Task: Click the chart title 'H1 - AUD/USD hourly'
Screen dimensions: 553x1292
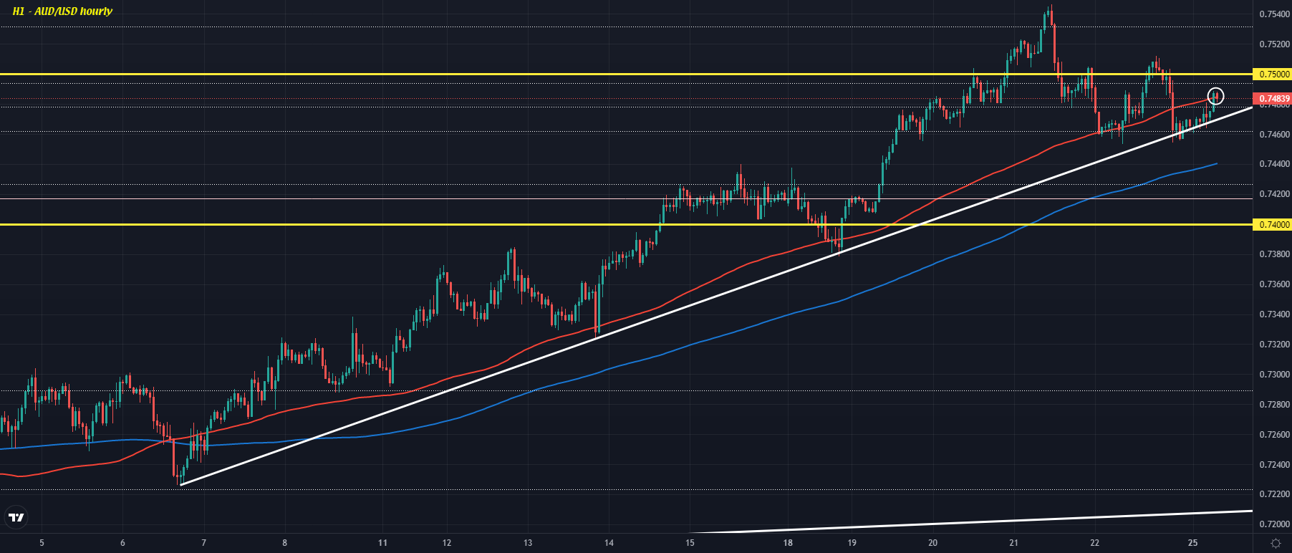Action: [x=62, y=11]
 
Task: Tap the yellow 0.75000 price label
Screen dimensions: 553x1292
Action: [x=1274, y=74]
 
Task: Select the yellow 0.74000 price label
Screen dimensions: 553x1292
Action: [x=1274, y=225]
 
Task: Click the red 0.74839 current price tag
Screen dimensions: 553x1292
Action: [x=1274, y=99]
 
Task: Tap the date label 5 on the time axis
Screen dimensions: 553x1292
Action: [x=42, y=543]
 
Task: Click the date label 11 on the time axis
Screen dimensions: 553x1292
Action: [x=383, y=543]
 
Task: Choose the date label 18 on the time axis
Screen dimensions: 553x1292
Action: [x=788, y=543]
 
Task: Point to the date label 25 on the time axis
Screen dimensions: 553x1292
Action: [x=1192, y=543]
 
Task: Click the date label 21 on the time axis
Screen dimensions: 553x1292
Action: [x=1014, y=543]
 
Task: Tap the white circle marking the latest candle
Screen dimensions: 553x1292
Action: [x=1215, y=96]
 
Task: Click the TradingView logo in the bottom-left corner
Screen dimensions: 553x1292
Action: [x=16, y=517]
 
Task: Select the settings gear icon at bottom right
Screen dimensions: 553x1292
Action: [x=1276, y=544]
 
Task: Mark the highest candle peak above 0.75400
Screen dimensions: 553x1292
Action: [x=1051, y=6]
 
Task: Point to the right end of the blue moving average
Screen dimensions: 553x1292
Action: [x=1216, y=164]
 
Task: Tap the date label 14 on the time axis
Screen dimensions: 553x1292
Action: [x=609, y=543]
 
